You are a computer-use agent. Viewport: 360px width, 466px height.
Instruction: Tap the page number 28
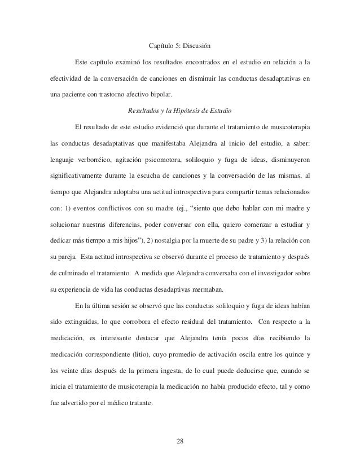click(x=179, y=440)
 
